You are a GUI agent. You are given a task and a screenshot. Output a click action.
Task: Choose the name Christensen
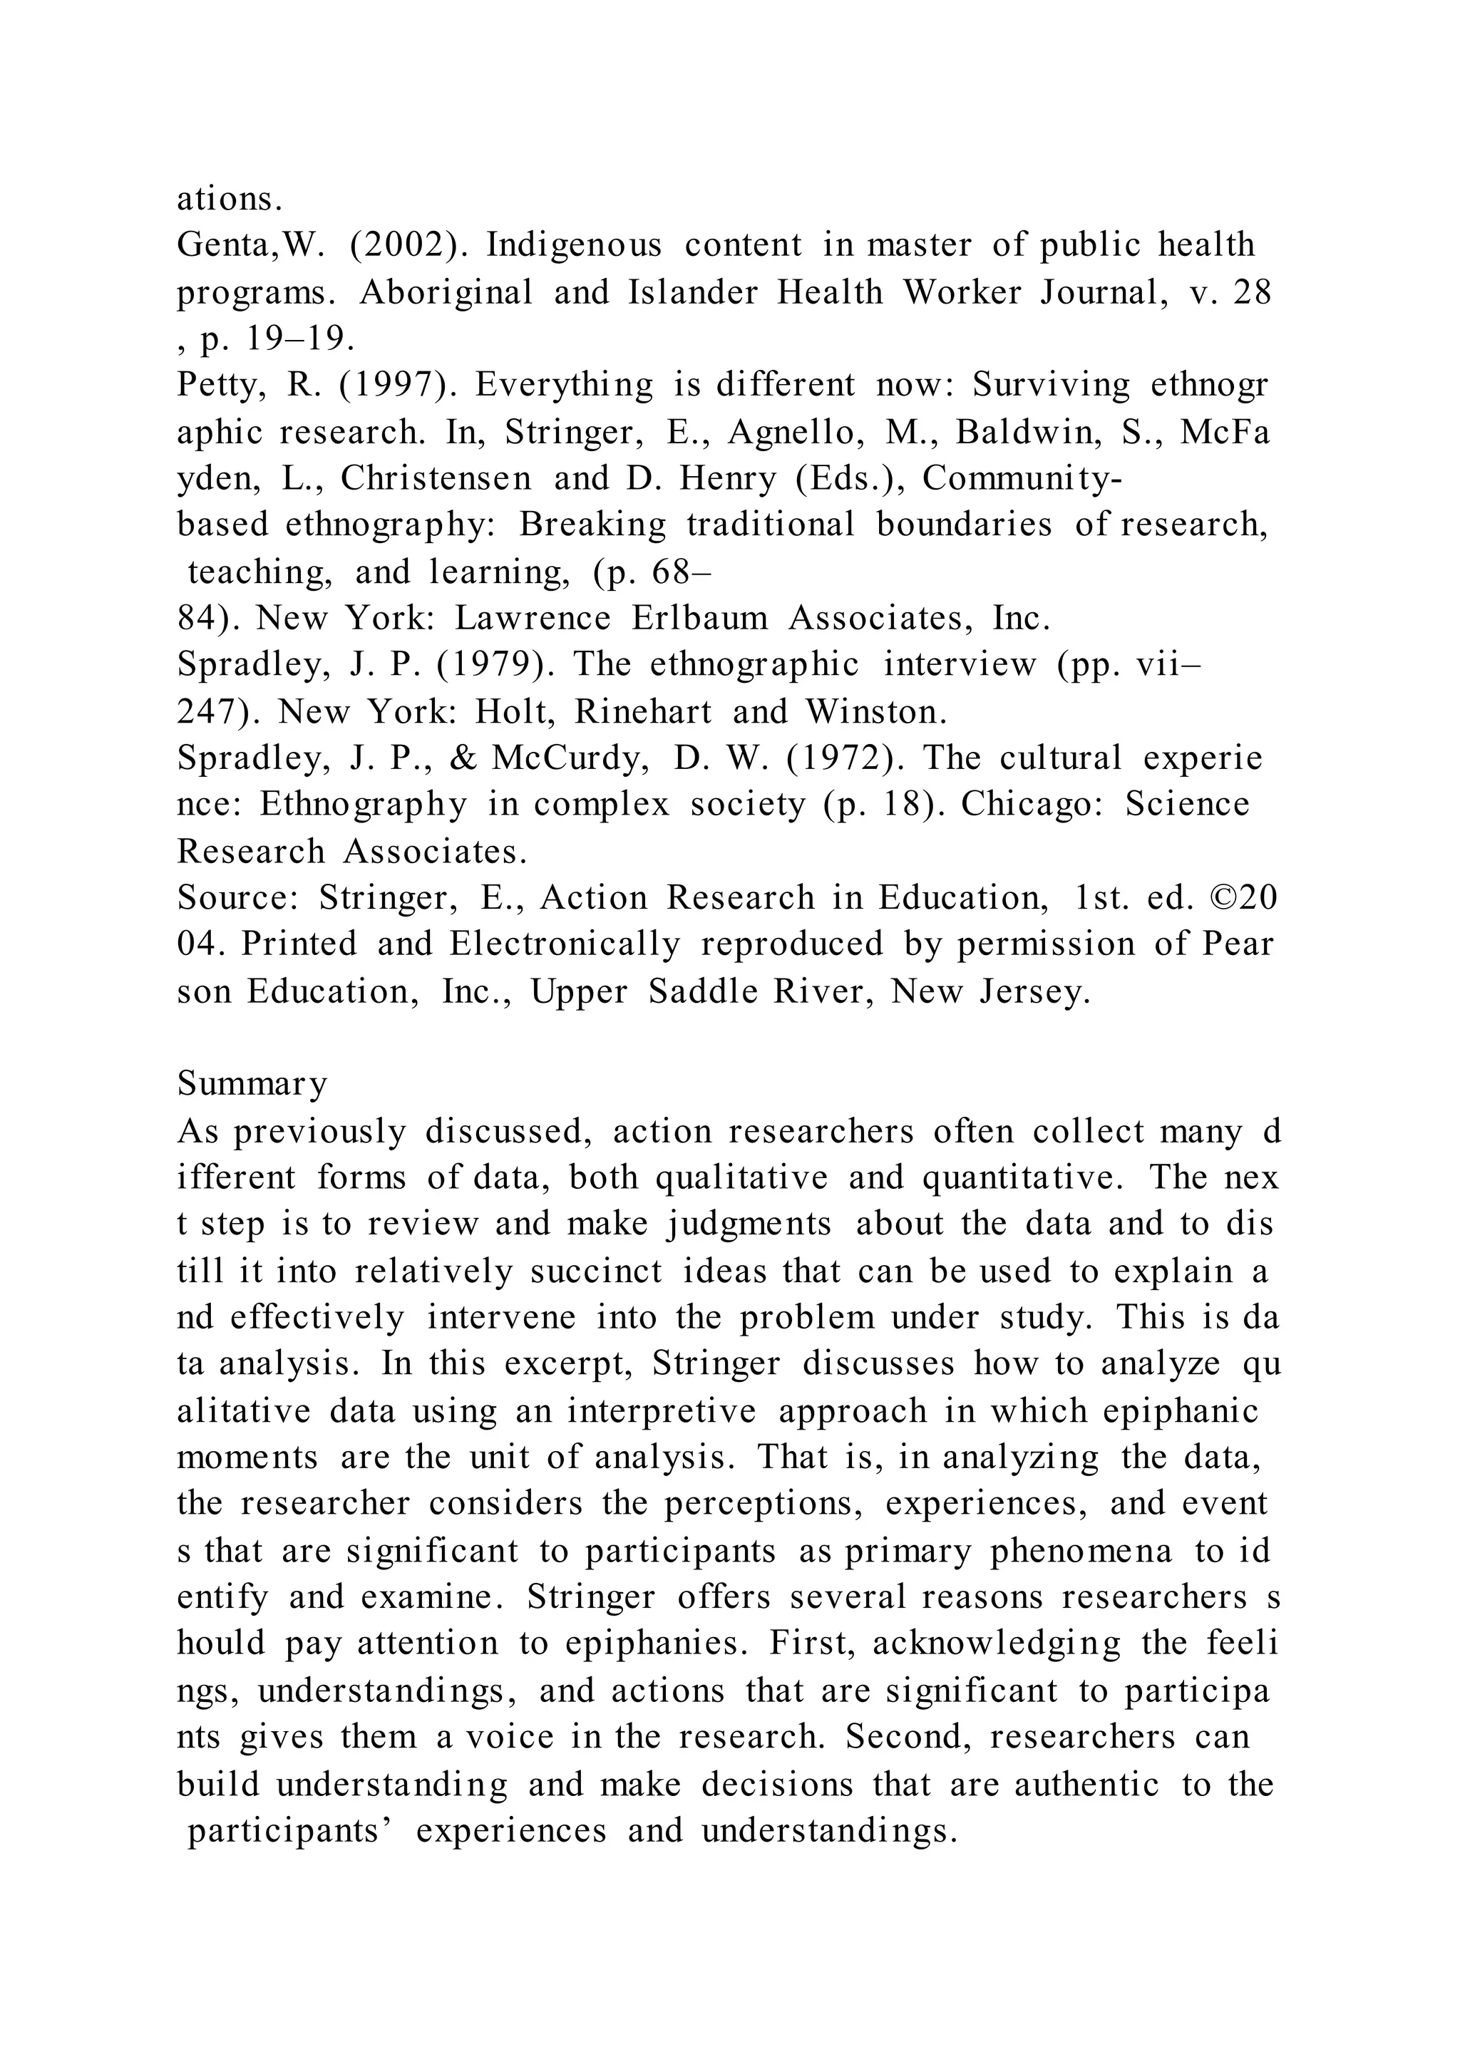point(436,478)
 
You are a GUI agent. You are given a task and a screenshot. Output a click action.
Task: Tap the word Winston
point(877,712)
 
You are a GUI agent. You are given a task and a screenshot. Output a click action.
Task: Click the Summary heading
point(252,1084)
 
